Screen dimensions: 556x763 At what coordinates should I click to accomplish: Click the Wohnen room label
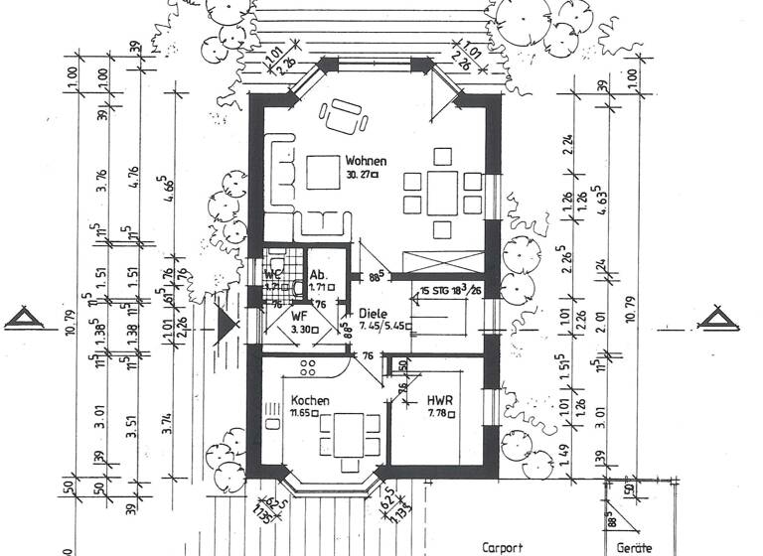coord(366,161)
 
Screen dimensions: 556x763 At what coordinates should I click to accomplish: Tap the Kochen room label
coord(310,399)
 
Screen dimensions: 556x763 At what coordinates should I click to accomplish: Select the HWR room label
coord(439,401)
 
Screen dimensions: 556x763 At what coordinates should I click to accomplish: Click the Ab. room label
coord(318,275)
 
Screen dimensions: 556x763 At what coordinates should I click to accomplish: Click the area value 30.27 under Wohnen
coord(364,175)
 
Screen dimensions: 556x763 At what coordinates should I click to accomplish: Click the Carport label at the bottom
coord(503,547)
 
